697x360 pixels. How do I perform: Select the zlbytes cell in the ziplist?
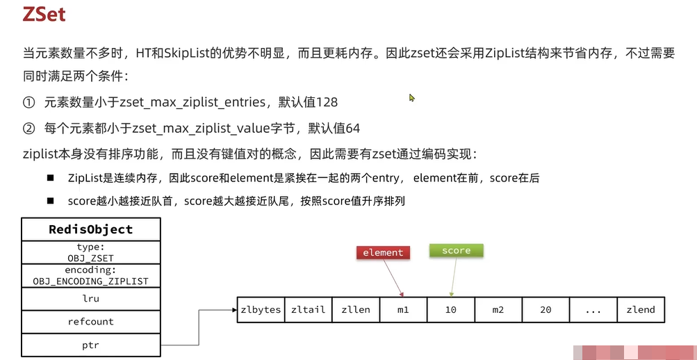pos(261,309)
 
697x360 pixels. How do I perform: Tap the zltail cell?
pos(309,309)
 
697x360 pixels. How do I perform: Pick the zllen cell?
pos(356,309)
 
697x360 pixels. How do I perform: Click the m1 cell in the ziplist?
pos(403,309)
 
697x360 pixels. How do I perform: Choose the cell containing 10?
pos(450,309)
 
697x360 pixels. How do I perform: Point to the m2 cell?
pos(498,309)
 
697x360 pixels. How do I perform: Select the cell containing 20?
pos(546,309)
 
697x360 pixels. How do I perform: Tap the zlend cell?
pos(640,309)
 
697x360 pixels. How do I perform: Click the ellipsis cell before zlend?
pos(593,309)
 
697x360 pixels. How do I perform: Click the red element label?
pos(383,252)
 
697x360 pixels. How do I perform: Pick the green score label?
pos(456,251)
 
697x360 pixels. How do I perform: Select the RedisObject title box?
pos(91,229)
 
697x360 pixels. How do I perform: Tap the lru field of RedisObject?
pos(91,298)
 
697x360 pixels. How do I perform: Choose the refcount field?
pos(91,322)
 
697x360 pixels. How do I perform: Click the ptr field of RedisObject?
pos(91,345)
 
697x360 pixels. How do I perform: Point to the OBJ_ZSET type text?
pos(91,257)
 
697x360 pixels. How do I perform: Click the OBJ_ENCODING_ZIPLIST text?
pos(91,281)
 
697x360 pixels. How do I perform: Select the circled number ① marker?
pos(28,102)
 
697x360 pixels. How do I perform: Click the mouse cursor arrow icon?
pos(412,98)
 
